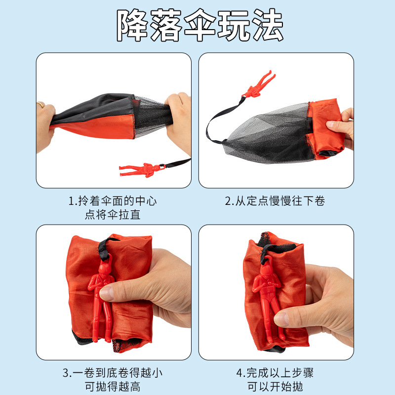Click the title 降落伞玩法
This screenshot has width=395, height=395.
200,25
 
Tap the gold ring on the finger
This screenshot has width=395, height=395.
41,104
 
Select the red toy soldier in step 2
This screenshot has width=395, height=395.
259,85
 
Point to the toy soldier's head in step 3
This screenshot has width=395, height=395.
104,269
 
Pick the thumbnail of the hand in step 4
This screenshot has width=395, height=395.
281,319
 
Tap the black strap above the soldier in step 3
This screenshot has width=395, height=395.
105,249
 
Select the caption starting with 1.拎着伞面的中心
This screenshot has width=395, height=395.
113,208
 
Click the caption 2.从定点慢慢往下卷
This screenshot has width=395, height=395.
275,201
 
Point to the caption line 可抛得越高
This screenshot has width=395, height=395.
113,387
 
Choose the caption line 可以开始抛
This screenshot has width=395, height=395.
275,387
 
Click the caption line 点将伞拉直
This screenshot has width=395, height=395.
113,215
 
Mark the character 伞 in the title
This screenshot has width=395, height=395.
200,25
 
